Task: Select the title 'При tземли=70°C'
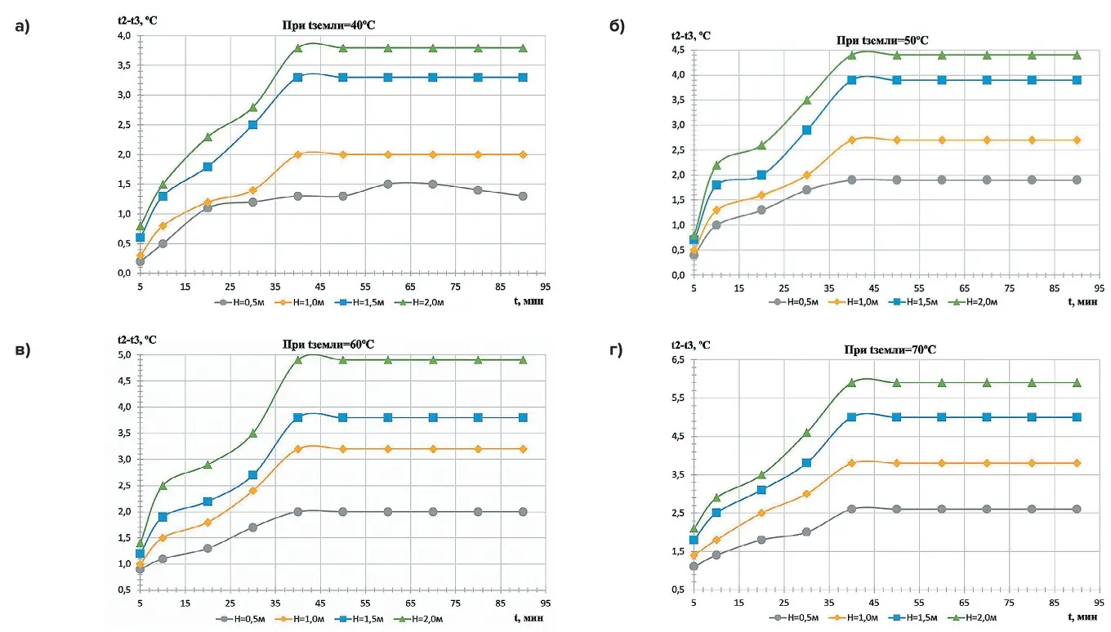coord(890,349)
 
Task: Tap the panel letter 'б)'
coord(618,26)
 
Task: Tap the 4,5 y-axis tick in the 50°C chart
coord(677,50)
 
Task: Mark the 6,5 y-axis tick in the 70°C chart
coord(677,360)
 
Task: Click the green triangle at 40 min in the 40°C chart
coord(298,48)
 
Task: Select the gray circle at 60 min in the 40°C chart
coord(388,185)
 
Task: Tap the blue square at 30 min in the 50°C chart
coord(806,130)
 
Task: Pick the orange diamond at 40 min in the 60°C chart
coord(298,449)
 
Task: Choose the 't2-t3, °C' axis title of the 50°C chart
coord(691,35)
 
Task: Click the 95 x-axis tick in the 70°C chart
coord(1100,604)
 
